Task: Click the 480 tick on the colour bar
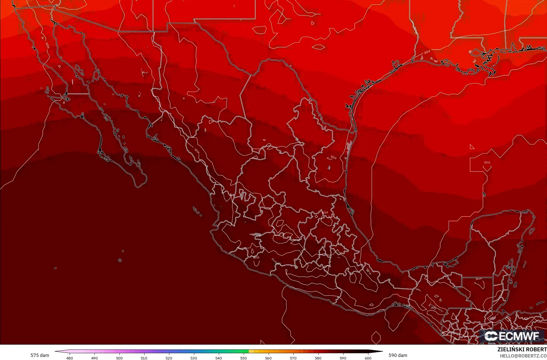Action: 70,358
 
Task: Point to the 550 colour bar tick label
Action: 243,358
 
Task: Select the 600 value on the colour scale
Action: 368,358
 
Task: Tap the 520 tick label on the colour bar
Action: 169,358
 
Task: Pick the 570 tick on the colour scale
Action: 293,358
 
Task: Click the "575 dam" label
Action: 40,355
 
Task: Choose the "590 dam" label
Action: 398,355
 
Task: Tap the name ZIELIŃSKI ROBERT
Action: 522,349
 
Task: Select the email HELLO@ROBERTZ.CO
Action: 523,356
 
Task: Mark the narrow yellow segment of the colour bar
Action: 251,351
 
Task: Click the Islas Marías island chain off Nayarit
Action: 197,211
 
